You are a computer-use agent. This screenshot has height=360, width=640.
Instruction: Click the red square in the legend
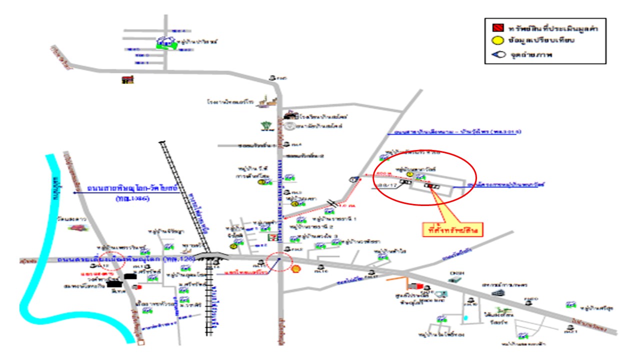pyautogui.click(x=492, y=28)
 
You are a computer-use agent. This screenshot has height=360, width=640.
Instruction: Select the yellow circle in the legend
pyautogui.click(x=492, y=41)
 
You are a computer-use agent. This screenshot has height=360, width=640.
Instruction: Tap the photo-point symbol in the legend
pyautogui.click(x=493, y=54)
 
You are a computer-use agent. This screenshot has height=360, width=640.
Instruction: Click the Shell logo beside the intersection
pyautogui.click(x=296, y=268)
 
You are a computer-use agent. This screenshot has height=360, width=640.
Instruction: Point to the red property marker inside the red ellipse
pyautogui.click(x=428, y=186)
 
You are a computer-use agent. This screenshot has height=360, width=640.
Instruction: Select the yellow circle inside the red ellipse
pyautogui.click(x=409, y=174)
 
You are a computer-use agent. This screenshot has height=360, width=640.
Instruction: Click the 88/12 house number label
pyautogui.click(x=388, y=185)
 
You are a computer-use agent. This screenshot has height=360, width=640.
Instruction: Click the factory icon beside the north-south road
pyautogui.click(x=265, y=102)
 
